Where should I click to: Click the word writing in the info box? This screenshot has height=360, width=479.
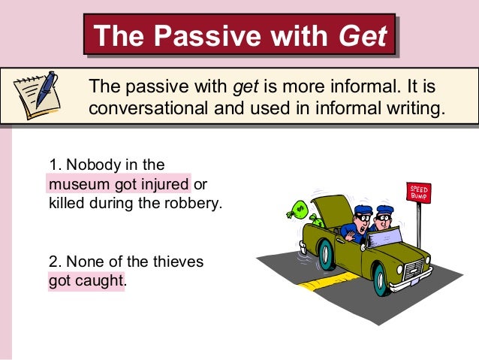pyautogui.click(x=411, y=107)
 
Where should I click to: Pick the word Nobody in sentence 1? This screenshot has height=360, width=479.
pyautogui.click(x=85, y=164)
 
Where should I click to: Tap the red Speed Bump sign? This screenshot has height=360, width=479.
pyautogui.click(x=418, y=192)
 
